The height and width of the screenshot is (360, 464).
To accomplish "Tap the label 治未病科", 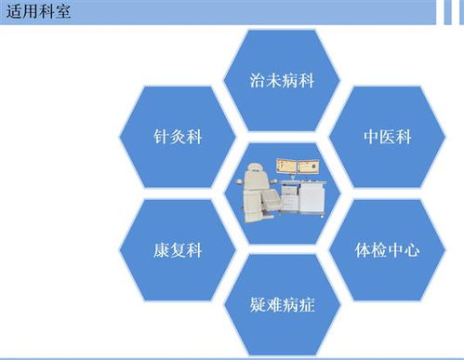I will [x=283, y=80].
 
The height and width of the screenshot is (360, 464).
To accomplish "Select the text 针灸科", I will [x=178, y=137].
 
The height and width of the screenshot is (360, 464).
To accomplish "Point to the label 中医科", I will [x=387, y=137].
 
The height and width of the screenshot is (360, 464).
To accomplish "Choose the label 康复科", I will [x=178, y=249].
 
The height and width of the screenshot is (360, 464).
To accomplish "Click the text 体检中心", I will [x=388, y=249].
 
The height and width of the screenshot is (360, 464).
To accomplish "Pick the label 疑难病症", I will [x=283, y=304].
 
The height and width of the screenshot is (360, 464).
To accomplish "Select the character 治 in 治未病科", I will [x=258, y=80].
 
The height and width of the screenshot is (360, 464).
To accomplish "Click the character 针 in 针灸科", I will [x=160, y=137].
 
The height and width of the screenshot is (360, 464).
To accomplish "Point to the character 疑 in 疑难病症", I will [x=258, y=304].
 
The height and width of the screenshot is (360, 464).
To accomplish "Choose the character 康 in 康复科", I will [x=160, y=249].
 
